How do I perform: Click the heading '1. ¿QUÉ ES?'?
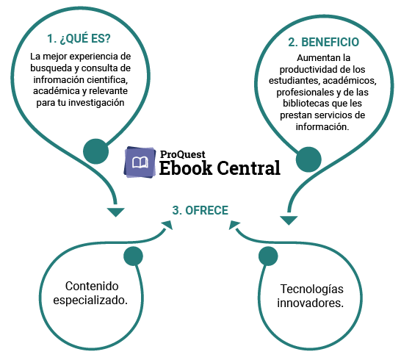[79, 39]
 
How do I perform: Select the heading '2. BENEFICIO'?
[323, 42]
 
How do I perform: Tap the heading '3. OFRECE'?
[201, 210]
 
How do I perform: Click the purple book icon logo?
[140, 162]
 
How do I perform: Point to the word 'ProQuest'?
[183, 154]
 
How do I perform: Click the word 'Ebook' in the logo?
[186, 168]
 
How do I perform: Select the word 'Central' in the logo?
[248, 168]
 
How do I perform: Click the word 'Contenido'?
[92, 286]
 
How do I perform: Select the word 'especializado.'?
[90, 300]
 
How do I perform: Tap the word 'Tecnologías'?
[311, 289]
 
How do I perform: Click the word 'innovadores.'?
[310, 303]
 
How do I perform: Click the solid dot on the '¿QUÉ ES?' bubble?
[96, 151]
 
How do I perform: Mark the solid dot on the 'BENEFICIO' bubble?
[308, 159]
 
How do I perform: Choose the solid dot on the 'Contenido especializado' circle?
[133, 256]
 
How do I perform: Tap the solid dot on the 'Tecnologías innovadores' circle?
[268, 256]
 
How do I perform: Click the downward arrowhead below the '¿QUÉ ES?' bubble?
[115, 212]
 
